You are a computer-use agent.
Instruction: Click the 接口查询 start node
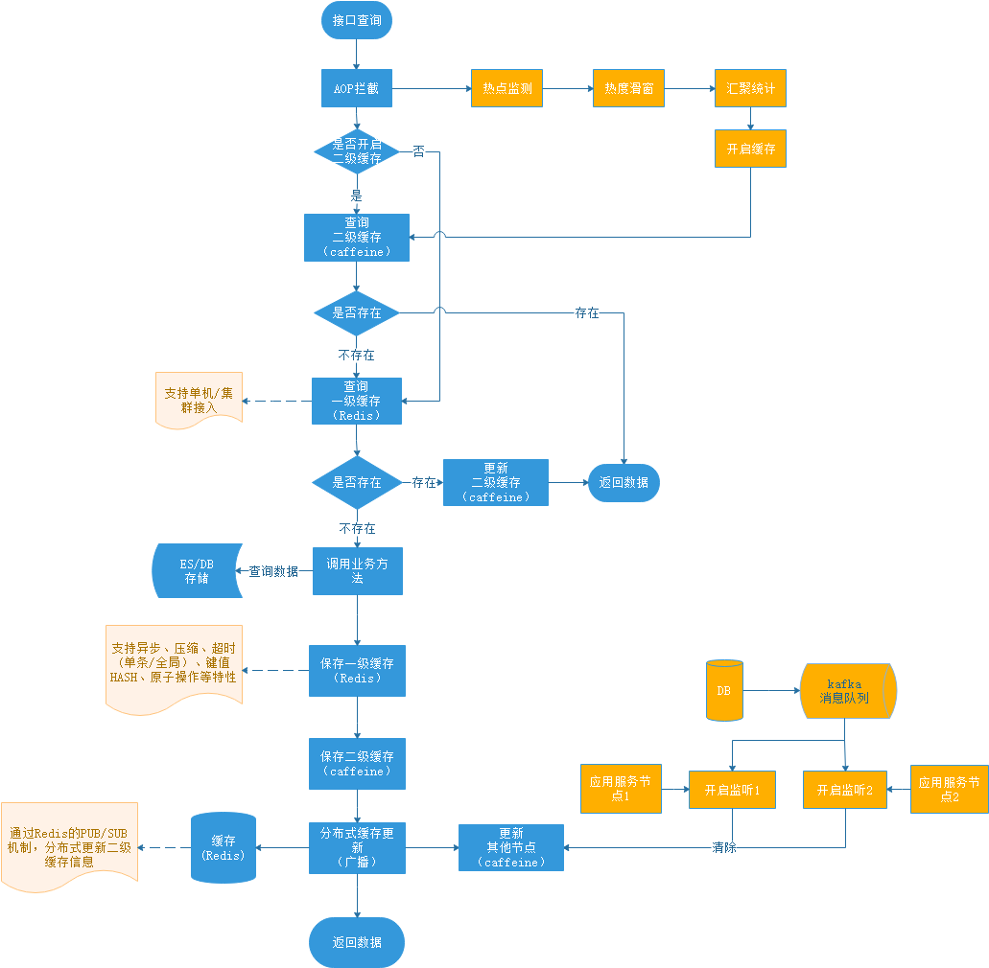coord(356,21)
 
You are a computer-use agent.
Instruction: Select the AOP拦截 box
coord(356,89)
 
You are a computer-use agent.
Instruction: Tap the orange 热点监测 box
coord(506,89)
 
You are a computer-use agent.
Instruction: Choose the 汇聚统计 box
coord(750,89)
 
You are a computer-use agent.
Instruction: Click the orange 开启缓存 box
coord(750,150)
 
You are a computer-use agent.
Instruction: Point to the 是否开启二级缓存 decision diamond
coord(356,151)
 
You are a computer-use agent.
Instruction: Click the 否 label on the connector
coord(418,151)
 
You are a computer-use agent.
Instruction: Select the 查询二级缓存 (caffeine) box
coord(356,237)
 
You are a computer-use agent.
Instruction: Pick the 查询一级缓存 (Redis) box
coord(356,401)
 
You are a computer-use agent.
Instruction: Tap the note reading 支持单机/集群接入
coord(199,401)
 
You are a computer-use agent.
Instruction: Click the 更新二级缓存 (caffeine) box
coord(495,482)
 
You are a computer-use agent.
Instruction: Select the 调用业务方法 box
coord(357,571)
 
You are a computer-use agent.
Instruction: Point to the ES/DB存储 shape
coord(196,571)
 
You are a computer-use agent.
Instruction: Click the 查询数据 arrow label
coord(273,571)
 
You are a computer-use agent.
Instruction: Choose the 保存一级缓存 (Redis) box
coord(357,670)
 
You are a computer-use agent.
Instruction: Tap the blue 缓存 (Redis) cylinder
coord(224,848)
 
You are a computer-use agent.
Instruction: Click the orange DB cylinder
coord(724,690)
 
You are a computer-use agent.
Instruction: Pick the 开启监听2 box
coord(844,791)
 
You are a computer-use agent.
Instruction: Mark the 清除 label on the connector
coord(724,848)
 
